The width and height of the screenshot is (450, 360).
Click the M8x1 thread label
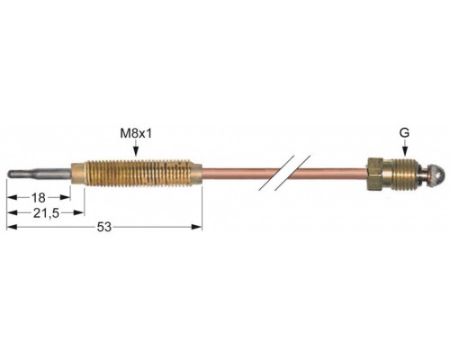[136, 134]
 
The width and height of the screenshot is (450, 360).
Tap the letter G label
[404, 132]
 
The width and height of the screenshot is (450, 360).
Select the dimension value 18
[39, 198]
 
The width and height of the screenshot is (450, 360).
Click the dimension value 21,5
[46, 213]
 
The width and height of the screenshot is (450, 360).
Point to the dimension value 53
[104, 227]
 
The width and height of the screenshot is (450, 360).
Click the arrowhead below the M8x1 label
[136, 152]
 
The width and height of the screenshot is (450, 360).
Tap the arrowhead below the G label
[405, 152]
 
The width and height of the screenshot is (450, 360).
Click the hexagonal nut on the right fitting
[375, 174]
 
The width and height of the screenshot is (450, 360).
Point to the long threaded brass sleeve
[138, 174]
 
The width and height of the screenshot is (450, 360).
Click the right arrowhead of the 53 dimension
[197, 227]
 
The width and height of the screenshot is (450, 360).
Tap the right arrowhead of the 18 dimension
[65, 197]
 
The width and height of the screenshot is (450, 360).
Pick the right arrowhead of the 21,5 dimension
[78, 212]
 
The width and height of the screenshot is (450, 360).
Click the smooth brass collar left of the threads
[77, 174]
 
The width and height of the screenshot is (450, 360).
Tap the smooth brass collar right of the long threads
[196, 174]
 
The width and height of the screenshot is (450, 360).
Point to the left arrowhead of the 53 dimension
[12, 227]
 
